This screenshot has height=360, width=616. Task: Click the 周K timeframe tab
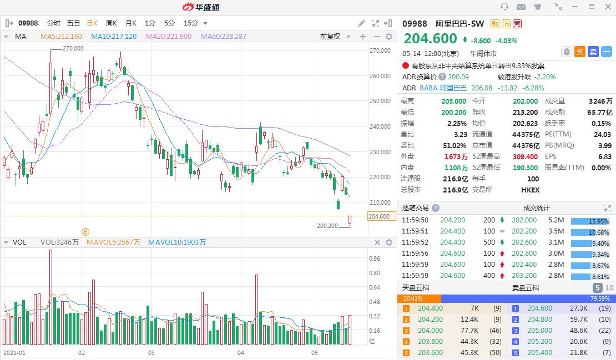coord(111,23)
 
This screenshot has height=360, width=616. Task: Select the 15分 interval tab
coord(190,23)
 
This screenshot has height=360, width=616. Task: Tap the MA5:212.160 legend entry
coord(61,37)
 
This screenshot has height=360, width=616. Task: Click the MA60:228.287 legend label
coord(224,37)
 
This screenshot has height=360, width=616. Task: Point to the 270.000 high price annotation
coord(73,48)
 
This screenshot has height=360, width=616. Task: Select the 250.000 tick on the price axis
coord(380,101)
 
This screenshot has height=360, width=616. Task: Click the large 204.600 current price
coord(430,39)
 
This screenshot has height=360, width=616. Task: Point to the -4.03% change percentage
coord(506,40)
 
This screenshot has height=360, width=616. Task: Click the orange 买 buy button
coord(580,52)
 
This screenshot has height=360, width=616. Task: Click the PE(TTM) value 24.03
coord(602,134)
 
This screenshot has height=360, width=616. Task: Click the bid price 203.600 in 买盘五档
coord(430,353)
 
